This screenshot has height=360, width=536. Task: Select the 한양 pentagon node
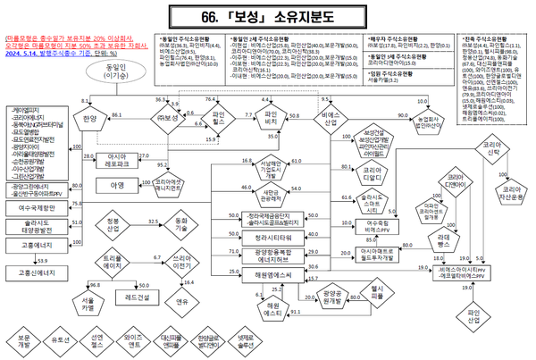tap(88, 117)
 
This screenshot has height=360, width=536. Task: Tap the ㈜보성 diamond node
tap(163, 117)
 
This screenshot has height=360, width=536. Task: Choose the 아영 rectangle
tap(117, 186)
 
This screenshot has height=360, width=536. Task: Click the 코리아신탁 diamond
tap(491, 147)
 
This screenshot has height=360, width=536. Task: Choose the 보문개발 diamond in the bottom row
tap(23, 341)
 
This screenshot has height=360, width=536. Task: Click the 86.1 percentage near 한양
tap(116, 115)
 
